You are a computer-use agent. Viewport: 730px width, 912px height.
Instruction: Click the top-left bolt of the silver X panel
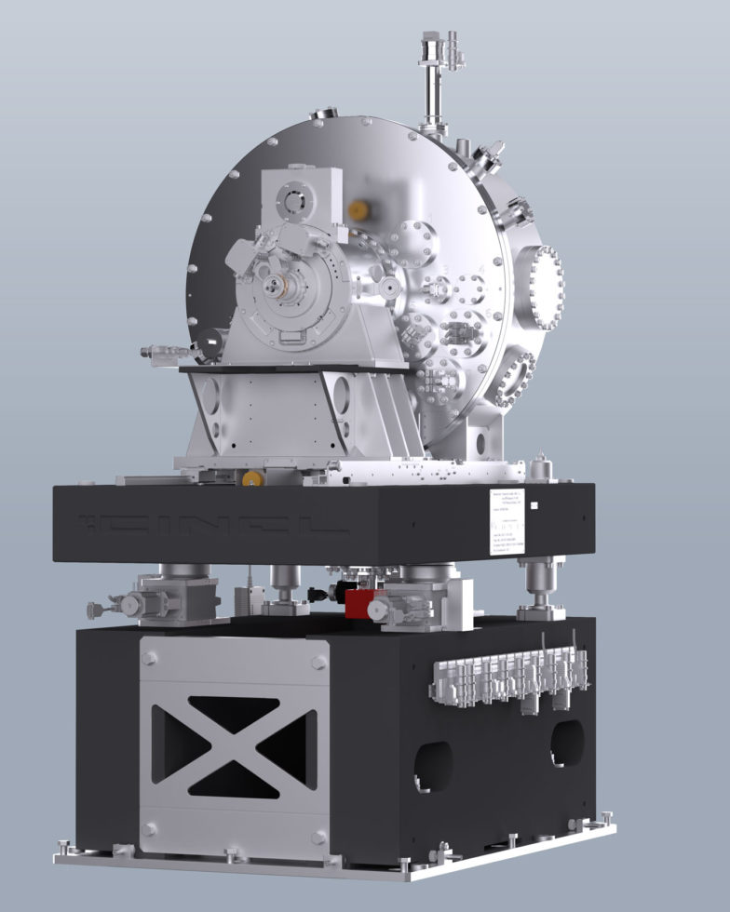tap(149, 660)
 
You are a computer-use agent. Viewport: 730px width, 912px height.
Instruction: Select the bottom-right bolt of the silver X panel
tap(319, 829)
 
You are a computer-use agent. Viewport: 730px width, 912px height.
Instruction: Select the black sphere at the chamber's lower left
tap(209, 344)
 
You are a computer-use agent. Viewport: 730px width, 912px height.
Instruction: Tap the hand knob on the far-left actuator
tap(94, 610)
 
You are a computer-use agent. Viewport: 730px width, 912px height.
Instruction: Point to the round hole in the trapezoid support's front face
tap(341, 395)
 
